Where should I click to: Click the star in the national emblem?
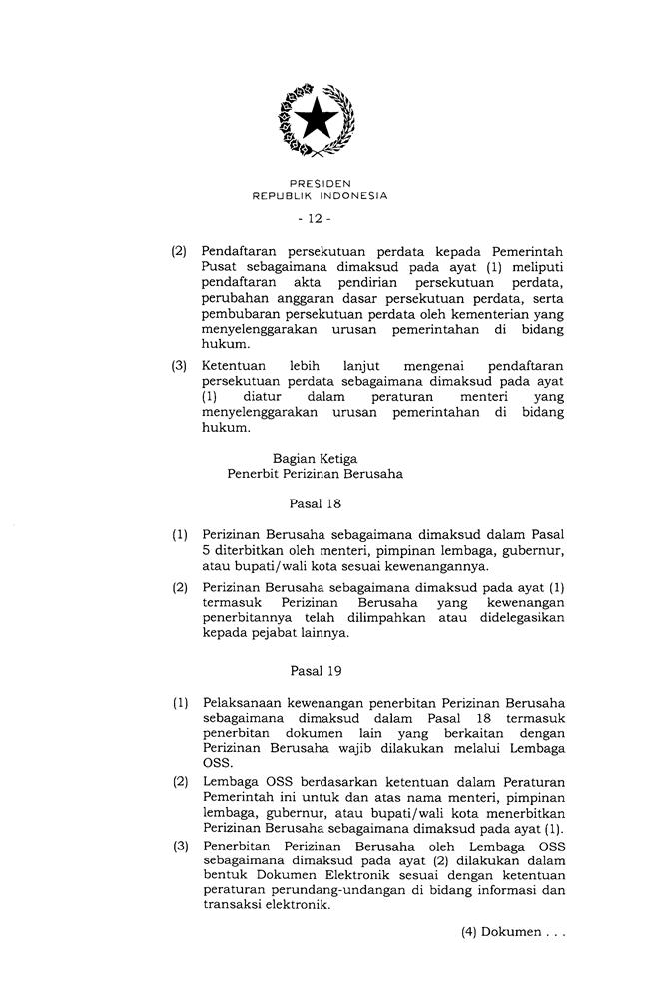tap(322, 120)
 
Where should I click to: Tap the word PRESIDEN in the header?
tap(321, 184)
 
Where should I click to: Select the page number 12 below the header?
tap(321, 216)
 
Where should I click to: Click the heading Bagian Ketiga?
tap(315, 458)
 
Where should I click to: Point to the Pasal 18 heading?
tap(316, 503)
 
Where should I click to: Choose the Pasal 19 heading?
tap(316, 671)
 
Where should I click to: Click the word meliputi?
tap(535, 266)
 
